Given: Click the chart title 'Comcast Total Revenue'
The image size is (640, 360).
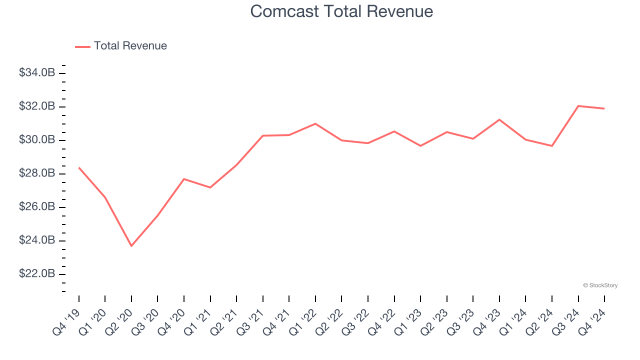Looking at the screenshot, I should (x=341, y=11).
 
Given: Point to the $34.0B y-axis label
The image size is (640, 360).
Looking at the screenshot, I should (x=37, y=73).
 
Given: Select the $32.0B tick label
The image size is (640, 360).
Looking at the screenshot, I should (x=37, y=106).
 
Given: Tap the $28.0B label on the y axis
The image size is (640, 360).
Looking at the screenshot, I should (x=37, y=173).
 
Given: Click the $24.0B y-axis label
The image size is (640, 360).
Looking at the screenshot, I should (x=37, y=240).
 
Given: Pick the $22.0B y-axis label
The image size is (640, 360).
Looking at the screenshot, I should (x=37, y=274).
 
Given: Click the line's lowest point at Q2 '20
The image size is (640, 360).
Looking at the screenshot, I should (x=131, y=246).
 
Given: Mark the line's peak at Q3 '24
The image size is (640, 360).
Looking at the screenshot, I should (x=578, y=106).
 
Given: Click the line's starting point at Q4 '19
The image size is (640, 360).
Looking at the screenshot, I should (x=79, y=167).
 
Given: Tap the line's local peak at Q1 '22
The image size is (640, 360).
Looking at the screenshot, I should (x=315, y=123).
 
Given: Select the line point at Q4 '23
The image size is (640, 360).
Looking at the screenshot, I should (x=499, y=119).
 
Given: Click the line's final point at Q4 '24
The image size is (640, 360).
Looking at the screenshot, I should (x=604, y=108).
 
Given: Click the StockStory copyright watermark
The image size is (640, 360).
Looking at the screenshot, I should (x=600, y=285).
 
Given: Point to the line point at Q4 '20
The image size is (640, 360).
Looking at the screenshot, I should (x=184, y=179).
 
